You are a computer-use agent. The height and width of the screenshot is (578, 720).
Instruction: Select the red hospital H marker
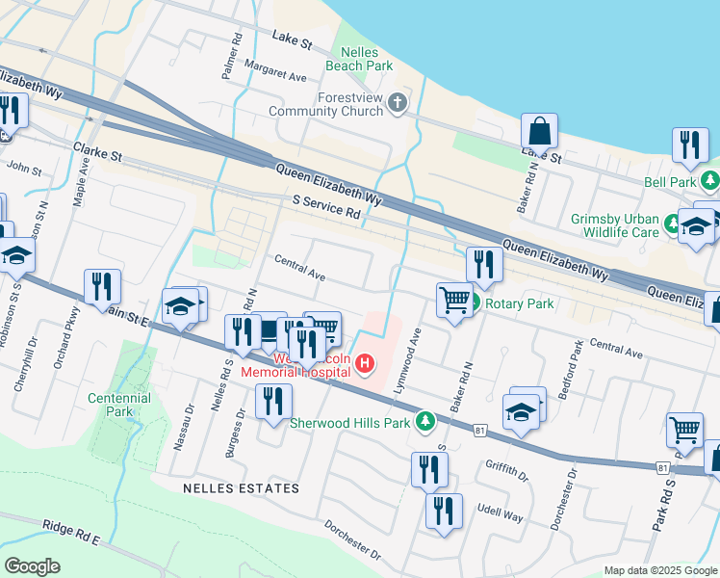tap(366, 363)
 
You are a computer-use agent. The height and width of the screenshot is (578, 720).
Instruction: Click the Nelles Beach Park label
tap(366, 59)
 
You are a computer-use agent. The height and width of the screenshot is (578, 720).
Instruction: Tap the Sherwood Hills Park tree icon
tap(425, 421)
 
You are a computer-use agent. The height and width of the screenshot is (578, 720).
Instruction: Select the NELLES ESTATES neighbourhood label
tap(241, 488)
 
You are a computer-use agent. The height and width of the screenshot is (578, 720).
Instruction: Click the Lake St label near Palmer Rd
tap(293, 43)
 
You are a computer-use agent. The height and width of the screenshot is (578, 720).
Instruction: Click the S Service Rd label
tap(325, 207)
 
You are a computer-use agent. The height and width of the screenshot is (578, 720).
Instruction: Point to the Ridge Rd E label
tap(71, 533)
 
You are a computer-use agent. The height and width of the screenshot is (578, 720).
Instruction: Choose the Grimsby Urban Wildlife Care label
tap(628, 224)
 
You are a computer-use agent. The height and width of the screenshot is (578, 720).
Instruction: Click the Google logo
tap(33, 566)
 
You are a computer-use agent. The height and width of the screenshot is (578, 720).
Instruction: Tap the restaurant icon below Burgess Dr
tap(274, 401)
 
